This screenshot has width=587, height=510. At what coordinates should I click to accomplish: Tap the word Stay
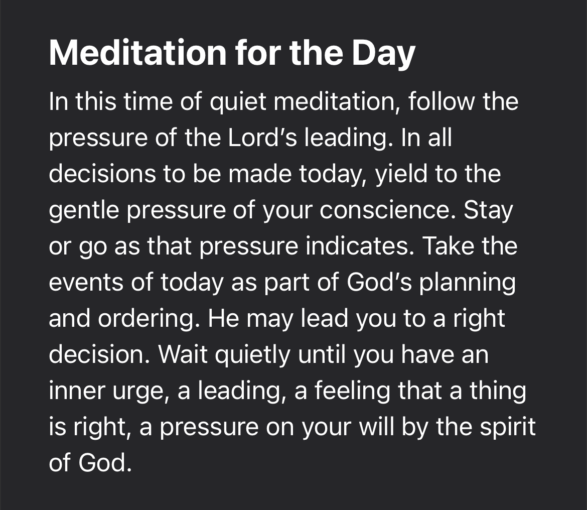[x=488, y=211]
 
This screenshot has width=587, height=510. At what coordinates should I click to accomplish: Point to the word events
[x=86, y=282]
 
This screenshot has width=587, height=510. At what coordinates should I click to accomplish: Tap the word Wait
[x=183, y=354]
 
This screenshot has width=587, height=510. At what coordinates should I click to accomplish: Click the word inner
[x=77, y=391]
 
